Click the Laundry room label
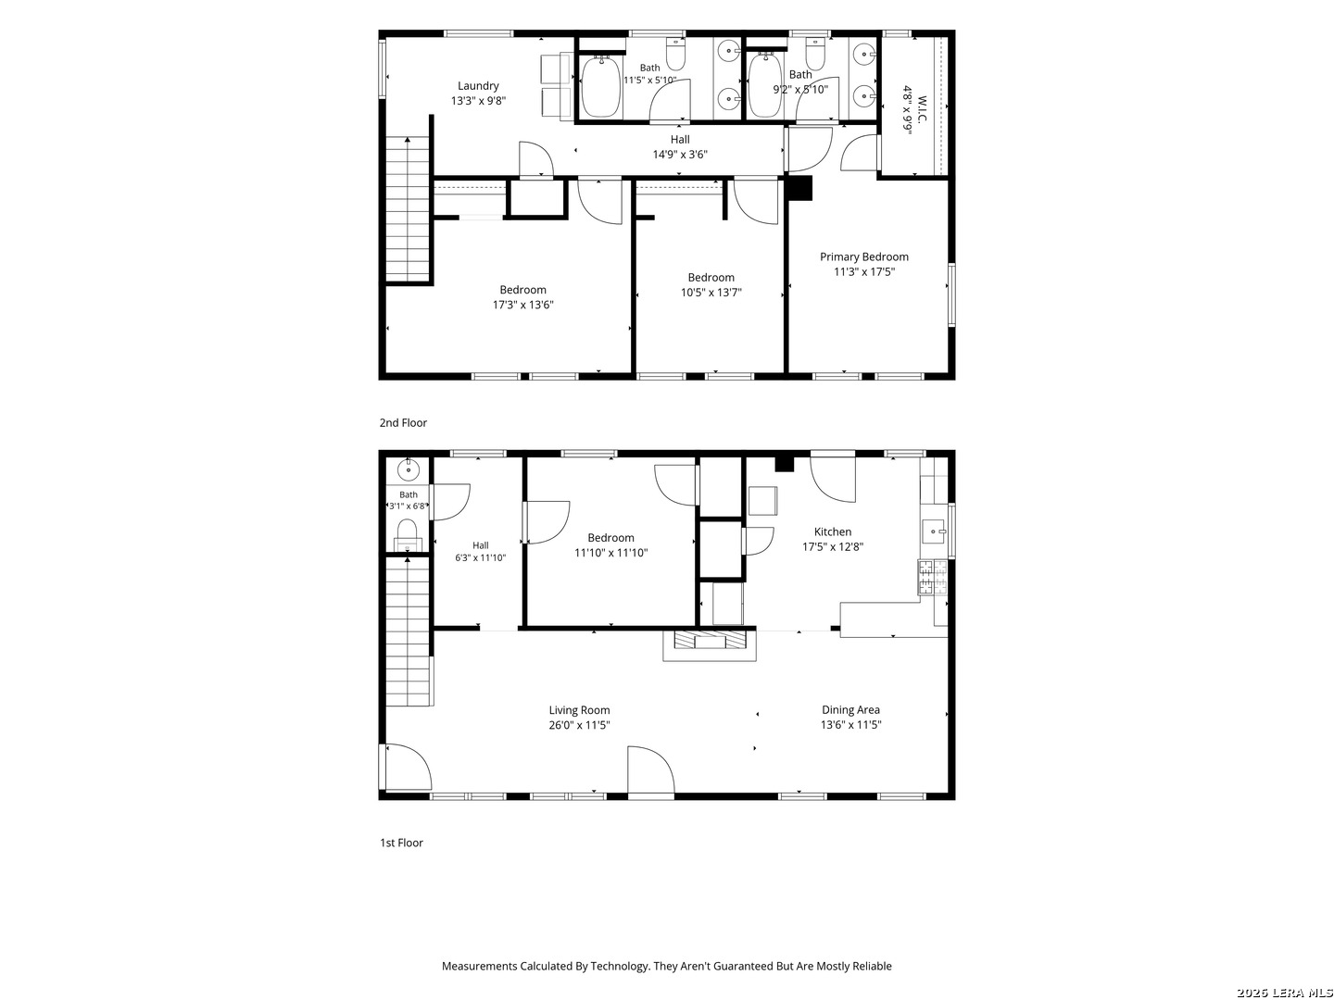[478, 86]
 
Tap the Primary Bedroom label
[863, 256]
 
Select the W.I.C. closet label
[922, 109]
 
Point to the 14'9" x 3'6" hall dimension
[680, 155]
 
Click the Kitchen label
[833, 531]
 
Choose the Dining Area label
[850, 710]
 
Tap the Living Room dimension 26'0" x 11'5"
[579, 725]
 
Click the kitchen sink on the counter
[934, 531]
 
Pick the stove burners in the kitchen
[932, 577]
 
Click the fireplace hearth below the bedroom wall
[710, 644]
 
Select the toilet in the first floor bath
[408, 534]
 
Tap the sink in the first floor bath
[408, 469]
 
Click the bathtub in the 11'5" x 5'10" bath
[601, 87]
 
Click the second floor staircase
[408, 209]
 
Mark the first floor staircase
[409, 632]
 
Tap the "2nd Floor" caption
[403, 422]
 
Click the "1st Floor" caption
[401, 843]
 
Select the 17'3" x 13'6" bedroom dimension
[522, 305]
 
